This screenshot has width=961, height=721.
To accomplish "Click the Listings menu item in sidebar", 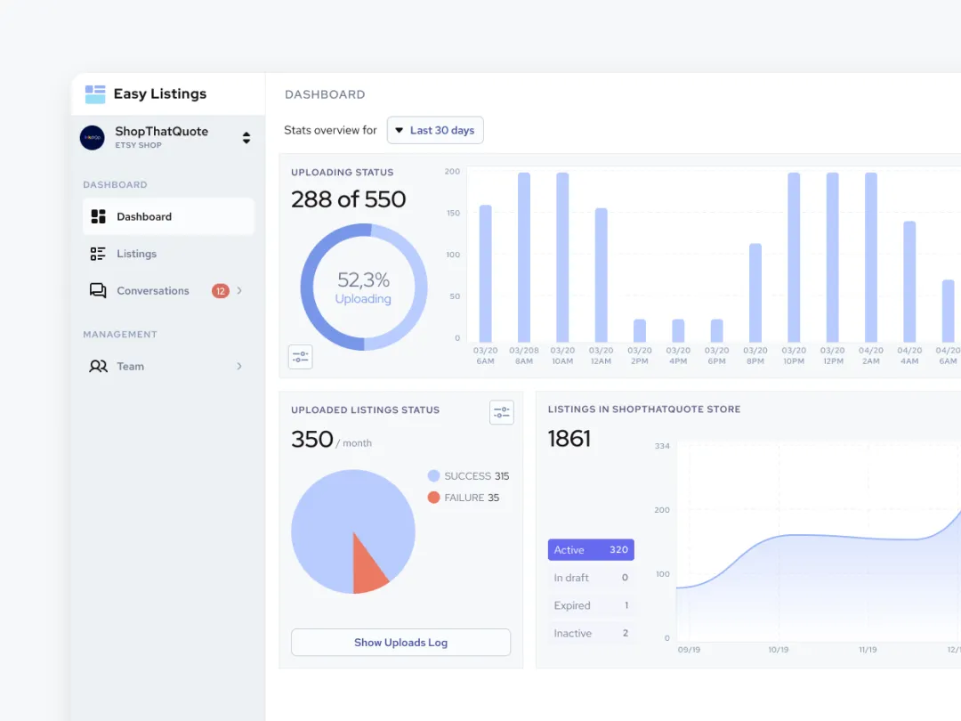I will click(136, 254).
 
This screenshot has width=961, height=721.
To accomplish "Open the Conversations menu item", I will click(152, 291).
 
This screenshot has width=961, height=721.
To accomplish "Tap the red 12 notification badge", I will click(220, 291).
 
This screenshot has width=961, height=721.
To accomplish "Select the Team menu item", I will click(130, 366).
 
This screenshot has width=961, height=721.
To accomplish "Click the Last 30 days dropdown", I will click(435, 130).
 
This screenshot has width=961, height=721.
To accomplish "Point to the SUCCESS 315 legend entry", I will click(468, 476).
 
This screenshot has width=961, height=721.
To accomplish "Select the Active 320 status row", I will click(591, 550).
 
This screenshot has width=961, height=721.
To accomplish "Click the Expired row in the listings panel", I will click(591, 605).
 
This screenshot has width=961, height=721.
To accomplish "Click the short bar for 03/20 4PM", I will click(678, 330).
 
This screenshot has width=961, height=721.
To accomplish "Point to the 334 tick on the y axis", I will click(661, 446).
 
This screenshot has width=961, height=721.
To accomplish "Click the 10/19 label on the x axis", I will click(778, 650).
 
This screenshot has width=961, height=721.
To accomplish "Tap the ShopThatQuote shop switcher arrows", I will click(246, 138).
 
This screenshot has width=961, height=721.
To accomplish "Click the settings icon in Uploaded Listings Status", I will click(502, 412).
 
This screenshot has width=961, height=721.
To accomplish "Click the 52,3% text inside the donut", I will click(363, 281).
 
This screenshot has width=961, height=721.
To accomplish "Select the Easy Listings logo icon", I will click(95, 94).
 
